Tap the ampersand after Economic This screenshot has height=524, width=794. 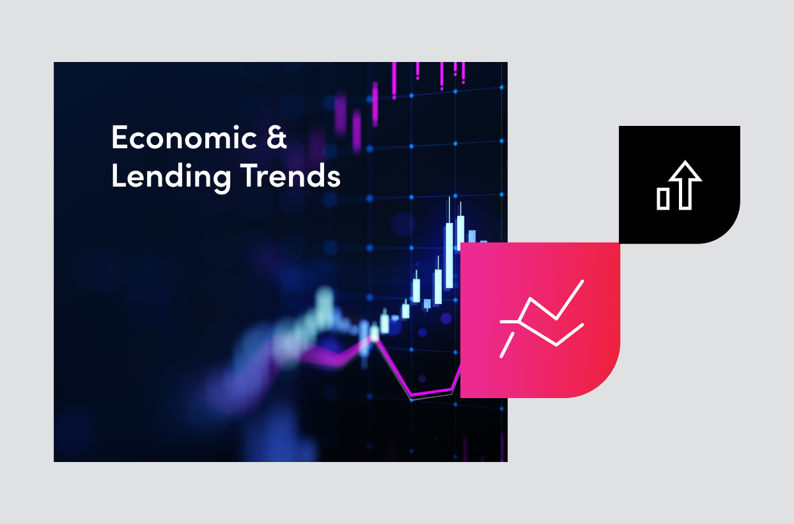pos(276,138)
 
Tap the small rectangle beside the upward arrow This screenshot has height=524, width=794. pos(663,198)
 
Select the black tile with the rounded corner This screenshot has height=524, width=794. pos(679,184)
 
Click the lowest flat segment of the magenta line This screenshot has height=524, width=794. pos(432,393)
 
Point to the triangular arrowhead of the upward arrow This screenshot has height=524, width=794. pos(685,172)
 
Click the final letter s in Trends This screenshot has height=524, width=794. pos(334,178)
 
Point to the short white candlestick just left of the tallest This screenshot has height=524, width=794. pos(438,286)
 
